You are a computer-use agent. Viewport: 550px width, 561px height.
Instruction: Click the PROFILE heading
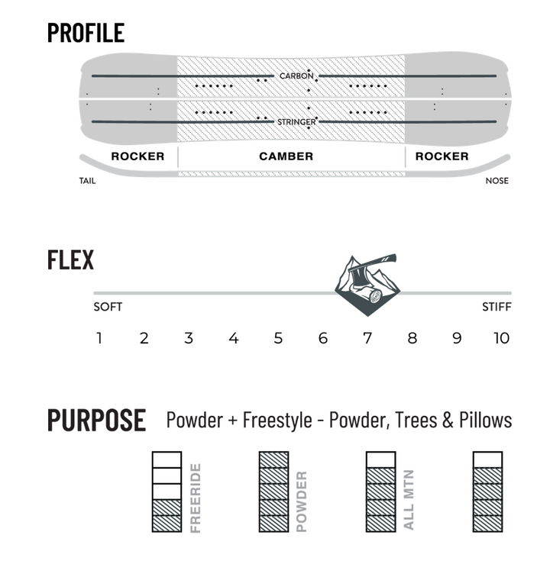(86, 33)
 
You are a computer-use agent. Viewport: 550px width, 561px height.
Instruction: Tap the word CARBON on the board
(296, 76)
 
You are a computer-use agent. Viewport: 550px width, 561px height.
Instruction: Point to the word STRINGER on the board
(297, 122)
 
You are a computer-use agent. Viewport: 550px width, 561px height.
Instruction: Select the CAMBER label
(286, 156)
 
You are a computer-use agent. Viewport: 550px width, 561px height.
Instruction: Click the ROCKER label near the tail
(137, 156)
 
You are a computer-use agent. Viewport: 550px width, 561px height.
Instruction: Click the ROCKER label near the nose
(442, 156)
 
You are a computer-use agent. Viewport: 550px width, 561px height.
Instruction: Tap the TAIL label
(87, 181)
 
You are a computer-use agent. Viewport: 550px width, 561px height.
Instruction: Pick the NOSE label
(497, 181)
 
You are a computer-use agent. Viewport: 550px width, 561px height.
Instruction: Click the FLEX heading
(70, 260)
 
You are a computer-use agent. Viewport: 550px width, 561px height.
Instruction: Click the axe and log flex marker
(367, 285)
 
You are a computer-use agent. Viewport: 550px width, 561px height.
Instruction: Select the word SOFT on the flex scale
(108, 307)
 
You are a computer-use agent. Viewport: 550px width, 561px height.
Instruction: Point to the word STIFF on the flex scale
(497, 307)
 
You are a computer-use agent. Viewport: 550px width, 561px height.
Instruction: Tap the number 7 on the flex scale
(367, 338)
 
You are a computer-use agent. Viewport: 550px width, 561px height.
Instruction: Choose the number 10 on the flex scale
(501, 338)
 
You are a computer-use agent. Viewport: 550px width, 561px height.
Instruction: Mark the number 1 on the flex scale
(99, 338)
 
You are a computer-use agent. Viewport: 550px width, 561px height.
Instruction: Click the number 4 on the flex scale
(234, 338)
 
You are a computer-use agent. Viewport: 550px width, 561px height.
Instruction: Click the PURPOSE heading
(97, 420)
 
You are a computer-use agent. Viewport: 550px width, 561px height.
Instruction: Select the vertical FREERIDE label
(196, 498)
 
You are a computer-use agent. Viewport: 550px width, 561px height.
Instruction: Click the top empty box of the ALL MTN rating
(381, 459)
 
